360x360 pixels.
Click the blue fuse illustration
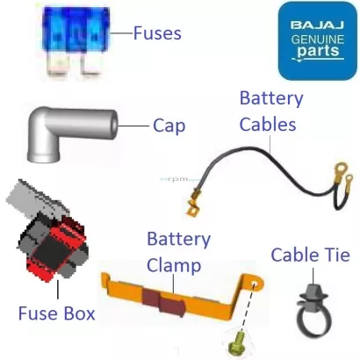[x=76, y=41]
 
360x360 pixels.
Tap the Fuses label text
[x=157, y=33]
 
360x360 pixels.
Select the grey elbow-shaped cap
[x=72, y=133]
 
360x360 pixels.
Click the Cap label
[x=169, y=126]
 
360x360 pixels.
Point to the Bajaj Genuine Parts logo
[x=318, y=40]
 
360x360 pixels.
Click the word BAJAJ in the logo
[x=317, y=25]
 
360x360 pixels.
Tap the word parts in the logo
[x=318, y=51]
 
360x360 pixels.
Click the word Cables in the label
[x=268, y=124]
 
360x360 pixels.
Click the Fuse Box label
[x=57, y=313]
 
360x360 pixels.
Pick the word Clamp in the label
[x=174, y=265]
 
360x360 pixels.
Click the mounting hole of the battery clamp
[x=255, y=284]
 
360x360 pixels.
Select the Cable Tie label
[x=311, y=255]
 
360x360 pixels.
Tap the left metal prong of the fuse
[x=59, y=64]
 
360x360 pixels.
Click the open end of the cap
[x=114, y=126]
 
